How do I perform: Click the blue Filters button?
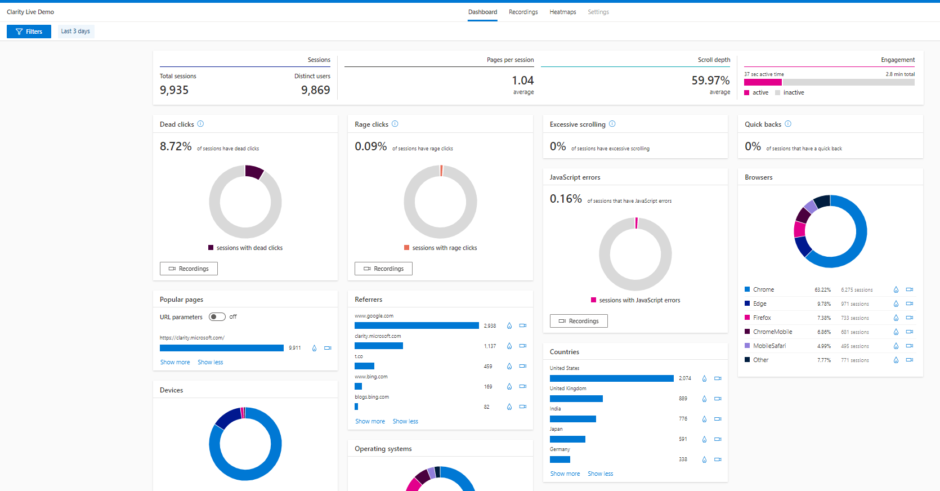tap(29, 32)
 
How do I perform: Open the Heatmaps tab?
tap(562, 12)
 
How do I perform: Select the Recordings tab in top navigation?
tap(523, 12)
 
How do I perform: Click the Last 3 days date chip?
tap(75, 32)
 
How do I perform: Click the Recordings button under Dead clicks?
tap(189, 269)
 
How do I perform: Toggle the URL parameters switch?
tap(217, 317)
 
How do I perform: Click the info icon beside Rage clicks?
tap(395, 124)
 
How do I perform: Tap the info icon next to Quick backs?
tap(788, 124)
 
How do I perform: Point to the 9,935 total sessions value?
tap(174, 90)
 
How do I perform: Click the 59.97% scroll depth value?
tap(710, 81)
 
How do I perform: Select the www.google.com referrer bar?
tap(417, 325)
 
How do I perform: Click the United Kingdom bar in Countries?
tap(576, 399)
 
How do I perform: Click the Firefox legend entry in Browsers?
tap(762, 318)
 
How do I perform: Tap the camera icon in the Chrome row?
tap(909, 289)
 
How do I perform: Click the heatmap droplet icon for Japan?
tap(704, 439)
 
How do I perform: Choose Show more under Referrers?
tap(370, 421)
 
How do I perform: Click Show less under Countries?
tap(600, 474)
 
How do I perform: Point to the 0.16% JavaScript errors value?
tap(566, 199)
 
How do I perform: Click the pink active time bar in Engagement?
tap(763, 82)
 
